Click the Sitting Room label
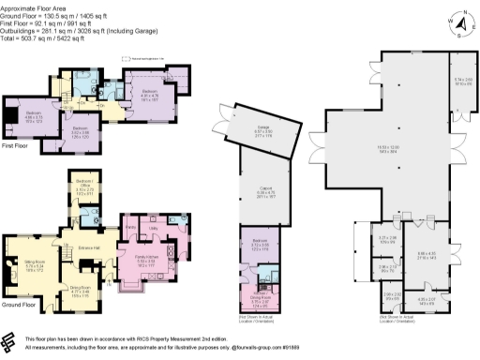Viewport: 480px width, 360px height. pyautogui.click(x=35, y=262)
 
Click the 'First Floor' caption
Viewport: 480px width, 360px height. pyautogui.click(x=16, y=146)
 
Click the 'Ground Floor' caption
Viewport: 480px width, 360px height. pyautogui.click(x=18, y=304)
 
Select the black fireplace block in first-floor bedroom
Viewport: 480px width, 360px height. pyautogui.click(x=8, y=119)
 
